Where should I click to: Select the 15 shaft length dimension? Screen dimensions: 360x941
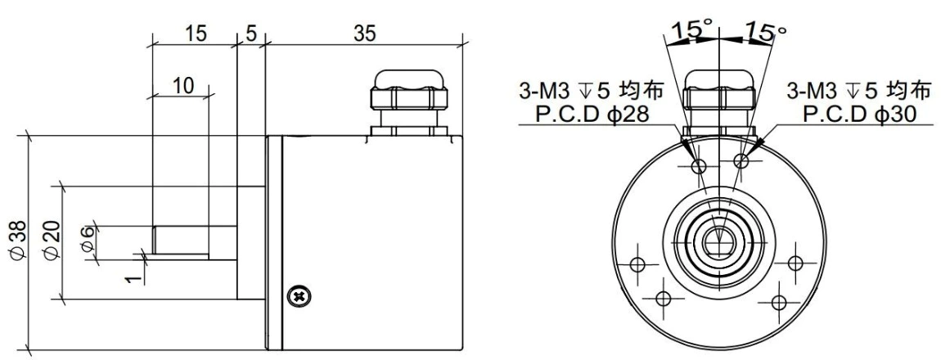pyautogui.click(x=195, y=34)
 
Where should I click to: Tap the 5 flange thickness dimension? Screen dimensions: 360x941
pyautogui.click(x=250, y=34)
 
